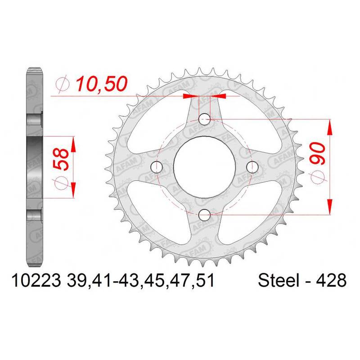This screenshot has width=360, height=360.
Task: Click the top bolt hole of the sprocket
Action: (x=204, y=119)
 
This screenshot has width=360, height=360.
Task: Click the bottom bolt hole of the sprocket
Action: (x=204, y=215)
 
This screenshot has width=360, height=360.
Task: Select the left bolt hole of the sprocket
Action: (x=156, y=167)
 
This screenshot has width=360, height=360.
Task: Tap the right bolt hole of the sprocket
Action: (x=252, y=167)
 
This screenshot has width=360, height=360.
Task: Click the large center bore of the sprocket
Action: (x=204, y=167)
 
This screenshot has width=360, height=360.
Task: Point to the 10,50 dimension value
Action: (x=102, y=84)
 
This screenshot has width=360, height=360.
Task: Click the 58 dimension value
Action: (x=61, y=159)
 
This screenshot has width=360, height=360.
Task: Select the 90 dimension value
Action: (x=318, y=153)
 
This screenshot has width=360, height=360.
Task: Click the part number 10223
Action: (x=36, y=280)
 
